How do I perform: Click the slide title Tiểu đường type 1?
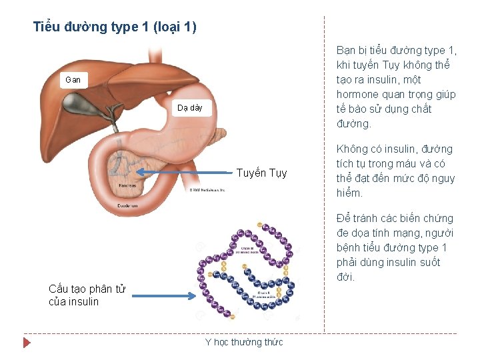pyautogui.click(x=115, y=27)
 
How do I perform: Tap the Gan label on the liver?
pyautogui.click(x=73, y=80)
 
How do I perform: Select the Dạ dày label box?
pyautogui.click(x=190, y=108)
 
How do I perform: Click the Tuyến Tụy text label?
pyautogui.click(x=261, y=173)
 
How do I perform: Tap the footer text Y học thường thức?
pyautogui.click(x=243, y=342)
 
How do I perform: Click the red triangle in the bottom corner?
pyautogui.click(x=27, y=343)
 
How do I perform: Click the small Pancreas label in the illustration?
pyautogui.click(x=127, y=185)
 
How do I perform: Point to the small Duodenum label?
pyautogui.click(x=127, y=206)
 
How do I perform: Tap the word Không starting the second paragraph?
pyautogui.click(x=353, y=149)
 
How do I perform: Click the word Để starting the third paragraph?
pyautogui.click(x=344, y=218)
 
